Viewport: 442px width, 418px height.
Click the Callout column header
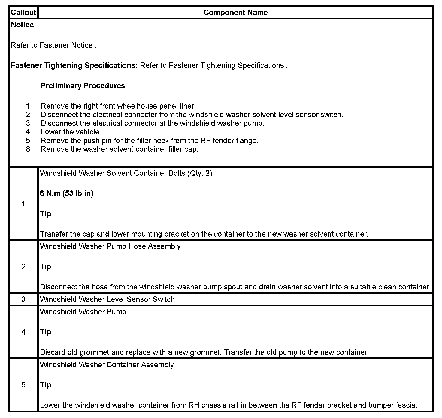(x=23, y=13)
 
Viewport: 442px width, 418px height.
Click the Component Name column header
(x=235, y=13)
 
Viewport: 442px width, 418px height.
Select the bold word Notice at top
(x=22, y=25)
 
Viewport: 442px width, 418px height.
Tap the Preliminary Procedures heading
(x=83, y=86)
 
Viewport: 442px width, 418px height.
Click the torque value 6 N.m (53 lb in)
(x=67, y=194)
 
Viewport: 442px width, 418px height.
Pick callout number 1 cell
(x=23, y=204)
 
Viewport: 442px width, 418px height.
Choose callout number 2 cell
(x=23, y=267)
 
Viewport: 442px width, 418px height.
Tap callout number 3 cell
(x=23, y=299)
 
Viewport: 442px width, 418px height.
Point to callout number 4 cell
(x=23, y=332)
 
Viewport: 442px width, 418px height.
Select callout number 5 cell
(x=23, y=385)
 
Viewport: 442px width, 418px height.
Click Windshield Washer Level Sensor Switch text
(x=107, y=299)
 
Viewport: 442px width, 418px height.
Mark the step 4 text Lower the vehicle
(x=71, y=132)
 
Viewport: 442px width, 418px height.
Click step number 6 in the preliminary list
(x=29, y=149)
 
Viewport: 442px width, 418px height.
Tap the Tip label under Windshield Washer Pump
(x=46, y=332)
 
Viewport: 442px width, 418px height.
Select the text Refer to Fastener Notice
(x=53, y=45)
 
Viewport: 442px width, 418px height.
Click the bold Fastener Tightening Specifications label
(x=74, y=66)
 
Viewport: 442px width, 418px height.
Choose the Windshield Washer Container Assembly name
(x=107, y=365)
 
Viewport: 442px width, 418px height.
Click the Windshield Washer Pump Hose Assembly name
(x=110, y=246)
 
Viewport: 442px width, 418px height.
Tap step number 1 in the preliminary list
(x=29, y=106)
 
